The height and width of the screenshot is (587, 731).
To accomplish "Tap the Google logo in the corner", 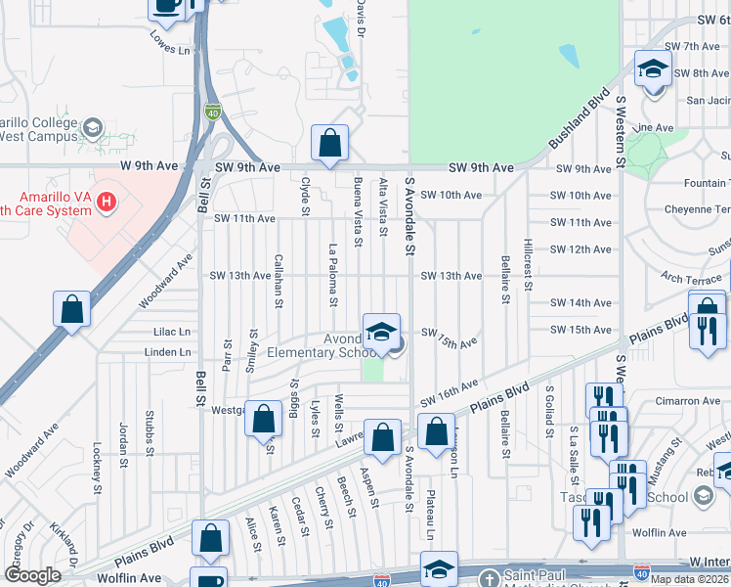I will [32, 575].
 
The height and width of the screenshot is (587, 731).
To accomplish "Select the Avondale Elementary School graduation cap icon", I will [381, 330].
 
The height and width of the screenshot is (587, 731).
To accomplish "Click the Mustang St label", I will [666, 460].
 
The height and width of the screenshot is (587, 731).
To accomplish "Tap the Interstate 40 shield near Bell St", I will [212, 113].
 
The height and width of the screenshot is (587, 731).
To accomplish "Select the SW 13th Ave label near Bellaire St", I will [451, 276].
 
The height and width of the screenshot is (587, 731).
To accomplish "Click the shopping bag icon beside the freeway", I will [72, 309].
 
